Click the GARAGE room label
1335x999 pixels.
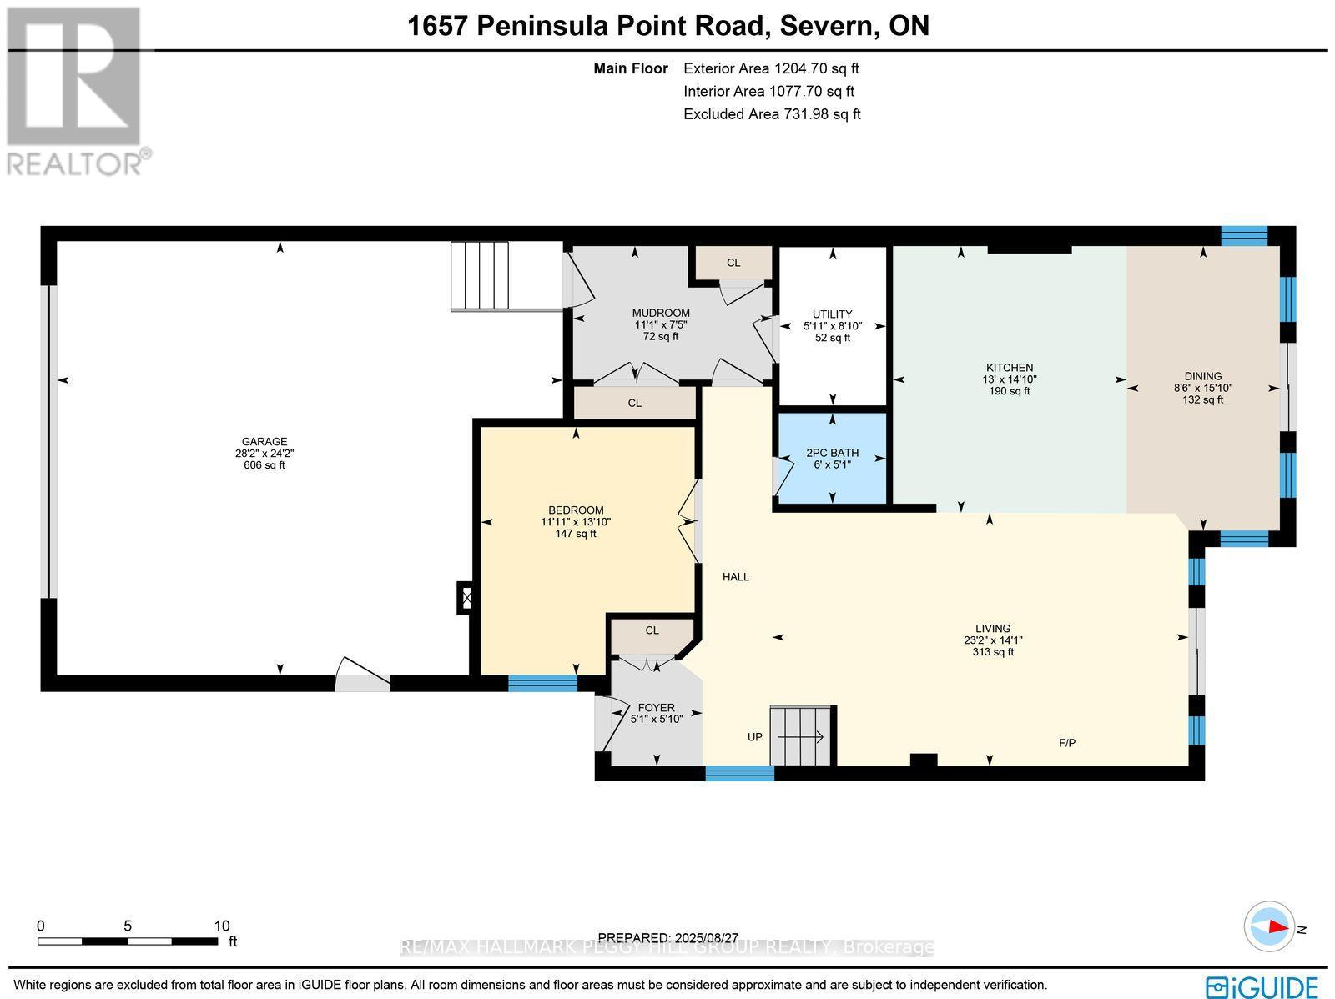[x=264, y=442]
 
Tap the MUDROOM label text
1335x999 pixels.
[x=661, y=314]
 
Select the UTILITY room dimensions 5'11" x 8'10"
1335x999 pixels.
[x=832, y=326]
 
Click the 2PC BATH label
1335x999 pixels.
[x=832, y=453]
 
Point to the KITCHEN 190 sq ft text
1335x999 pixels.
[x=1010, y=391]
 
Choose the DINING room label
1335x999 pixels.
[x=1202, y=376]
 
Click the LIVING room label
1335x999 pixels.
[x=992, y=629]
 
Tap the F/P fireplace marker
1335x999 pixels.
[x=1066, y=742]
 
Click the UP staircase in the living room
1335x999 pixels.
[x=802, y=735]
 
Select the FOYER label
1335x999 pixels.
[x=656, y=707]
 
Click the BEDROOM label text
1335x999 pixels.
[x=576, y=510]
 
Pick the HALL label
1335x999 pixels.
[x=735, y=576]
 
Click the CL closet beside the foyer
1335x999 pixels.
[x=652, y=630]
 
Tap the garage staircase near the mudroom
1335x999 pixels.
[x=480, y=275]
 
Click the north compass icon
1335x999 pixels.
[x=1269, y=926]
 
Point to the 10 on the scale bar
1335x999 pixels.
[x=221, y=926]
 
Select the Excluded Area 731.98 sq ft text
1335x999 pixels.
[x=772, y=114]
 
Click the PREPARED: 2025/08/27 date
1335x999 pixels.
[x=669, y=937]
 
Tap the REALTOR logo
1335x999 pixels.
[x=77, y=92]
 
